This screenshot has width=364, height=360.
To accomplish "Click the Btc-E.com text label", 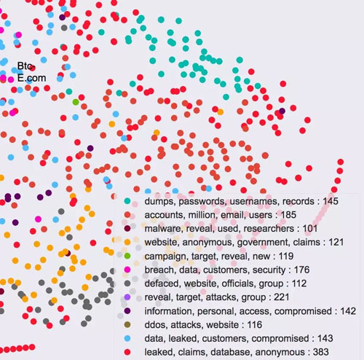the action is tap(31, 72).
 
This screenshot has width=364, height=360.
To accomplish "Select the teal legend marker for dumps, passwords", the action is tap(127, 201).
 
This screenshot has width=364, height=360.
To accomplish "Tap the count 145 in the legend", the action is tap(331, 201).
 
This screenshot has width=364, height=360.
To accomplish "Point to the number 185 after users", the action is tap(288, 215).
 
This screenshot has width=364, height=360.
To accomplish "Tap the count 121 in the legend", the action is tap(336, 242).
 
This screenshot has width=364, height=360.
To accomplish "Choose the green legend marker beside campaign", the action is tap(127, 256).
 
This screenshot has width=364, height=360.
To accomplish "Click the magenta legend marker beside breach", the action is tap(127, 270).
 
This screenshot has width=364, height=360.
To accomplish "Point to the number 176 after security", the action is tap(302, 270).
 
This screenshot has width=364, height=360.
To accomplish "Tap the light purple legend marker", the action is tap(127, 297).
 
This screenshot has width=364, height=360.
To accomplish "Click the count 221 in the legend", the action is tap(282, 297).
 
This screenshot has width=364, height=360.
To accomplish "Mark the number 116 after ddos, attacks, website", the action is tap(255, 325).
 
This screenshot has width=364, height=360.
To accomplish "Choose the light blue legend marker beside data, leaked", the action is tap(127, 338).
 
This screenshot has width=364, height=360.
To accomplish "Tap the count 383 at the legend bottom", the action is tap(321, 352).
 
